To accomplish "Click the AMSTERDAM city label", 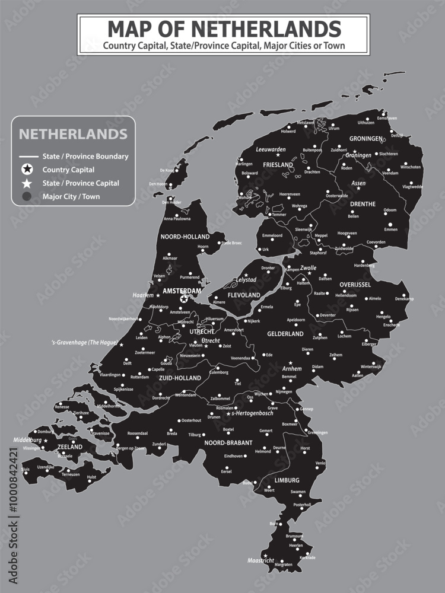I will click(182, 292).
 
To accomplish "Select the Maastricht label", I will click(260, 560).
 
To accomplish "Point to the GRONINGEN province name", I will click(366, 138).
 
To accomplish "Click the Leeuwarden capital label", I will click(271, 149).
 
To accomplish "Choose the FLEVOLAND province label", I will click(244, 295).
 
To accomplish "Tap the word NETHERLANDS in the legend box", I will click(73, 133).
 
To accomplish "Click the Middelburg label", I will click(27, 440).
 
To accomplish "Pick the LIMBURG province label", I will click(287, 480).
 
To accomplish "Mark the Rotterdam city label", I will click(140, 377).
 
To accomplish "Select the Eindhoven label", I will click(234, 456).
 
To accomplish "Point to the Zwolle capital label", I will click(309, 267).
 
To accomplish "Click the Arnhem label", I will click(292, 368).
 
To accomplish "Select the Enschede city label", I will click(392, 325).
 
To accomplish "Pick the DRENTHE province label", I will click(363, 204).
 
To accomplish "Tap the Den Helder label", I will click(172, 202).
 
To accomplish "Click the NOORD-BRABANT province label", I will click(228, 442).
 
